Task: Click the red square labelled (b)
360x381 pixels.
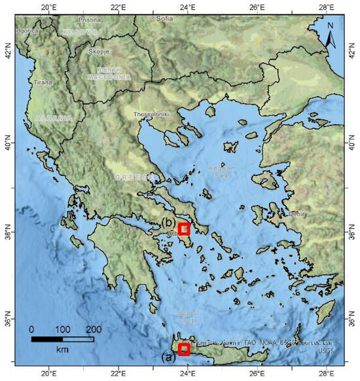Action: pos(184,228)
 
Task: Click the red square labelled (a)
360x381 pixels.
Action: pos(184,349)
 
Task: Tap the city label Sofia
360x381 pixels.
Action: pos(164,18)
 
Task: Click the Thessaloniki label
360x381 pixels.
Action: pos(151,114)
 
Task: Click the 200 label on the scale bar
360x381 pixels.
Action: pos(94,329)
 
